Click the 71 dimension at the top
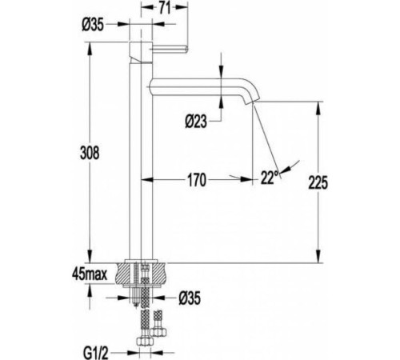tap(165, 8)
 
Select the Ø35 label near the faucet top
tap(93, 25)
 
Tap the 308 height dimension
tap(90, 153)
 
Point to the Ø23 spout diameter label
tap(196, 122)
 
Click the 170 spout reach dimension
tap(197, 180)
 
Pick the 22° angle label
tap(270, 178)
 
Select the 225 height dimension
tap(318, 182)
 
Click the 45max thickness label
tap(90, 274)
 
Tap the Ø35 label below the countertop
tap(190, 298)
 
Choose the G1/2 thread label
tap(95, 354)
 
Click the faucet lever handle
tap(169, 49)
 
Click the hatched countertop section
tap(141, 274)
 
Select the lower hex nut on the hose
tap(145, 341)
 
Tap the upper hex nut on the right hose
tap(158, 332)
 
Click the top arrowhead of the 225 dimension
tap(318, 108)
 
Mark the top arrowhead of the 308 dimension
tap(90, 49)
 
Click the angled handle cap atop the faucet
tap(141, 53)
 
